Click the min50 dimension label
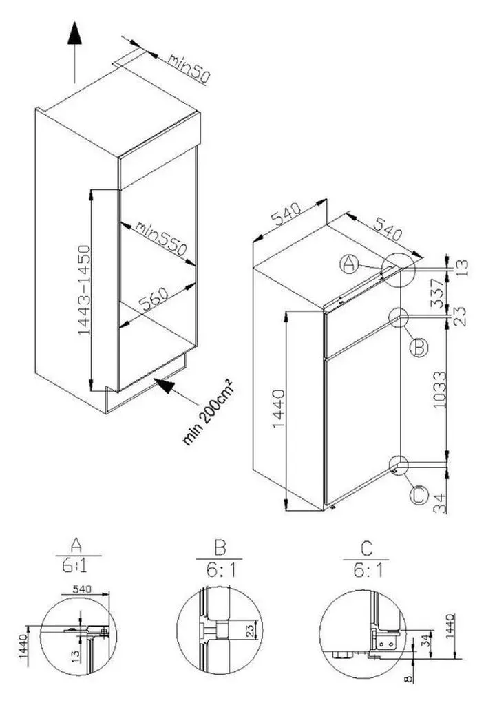click(x=189, y=69)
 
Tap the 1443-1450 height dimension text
click(x=85, y=290)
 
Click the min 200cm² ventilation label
click(x=208, y=412)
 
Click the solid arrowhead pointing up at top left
click(x=74, y=34)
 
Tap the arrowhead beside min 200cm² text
click(x=164, y=385)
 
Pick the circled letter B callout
click(x=419, y=348)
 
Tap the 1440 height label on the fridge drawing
click(x=279, y=409)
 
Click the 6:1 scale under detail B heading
click(x=221, y=570)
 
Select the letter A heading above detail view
click(x=76, y=545)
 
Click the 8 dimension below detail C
click(x=408, y=679)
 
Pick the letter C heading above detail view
click(x=367, y=548)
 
